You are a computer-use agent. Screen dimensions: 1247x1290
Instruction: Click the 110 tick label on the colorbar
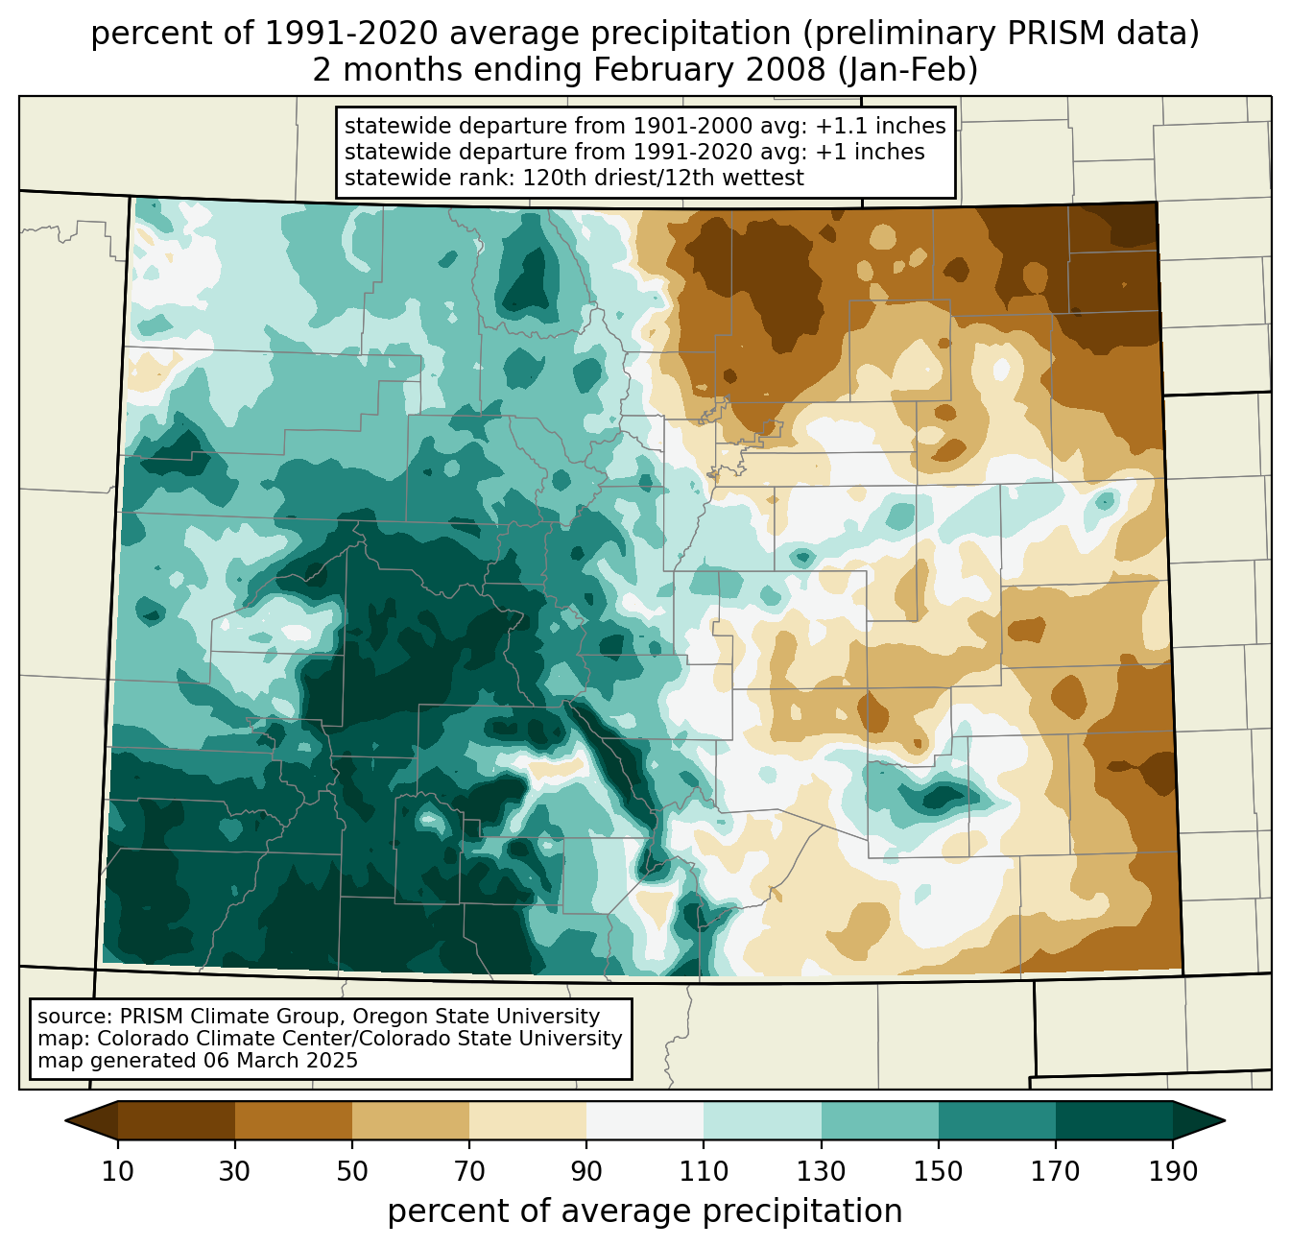704,1172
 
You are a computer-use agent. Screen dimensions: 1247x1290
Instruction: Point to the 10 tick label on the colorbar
118,1172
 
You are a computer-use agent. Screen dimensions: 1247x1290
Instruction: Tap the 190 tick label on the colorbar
1173,1172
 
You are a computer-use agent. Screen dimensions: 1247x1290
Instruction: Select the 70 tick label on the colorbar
469,1172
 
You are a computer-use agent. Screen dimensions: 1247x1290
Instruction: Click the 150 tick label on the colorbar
938,1172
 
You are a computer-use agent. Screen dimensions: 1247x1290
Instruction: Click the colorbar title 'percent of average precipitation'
645,1211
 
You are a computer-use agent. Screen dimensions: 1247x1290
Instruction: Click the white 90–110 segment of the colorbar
645,1120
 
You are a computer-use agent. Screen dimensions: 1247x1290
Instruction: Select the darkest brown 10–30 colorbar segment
177,1120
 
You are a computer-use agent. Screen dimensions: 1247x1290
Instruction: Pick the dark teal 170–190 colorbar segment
1114,1120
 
